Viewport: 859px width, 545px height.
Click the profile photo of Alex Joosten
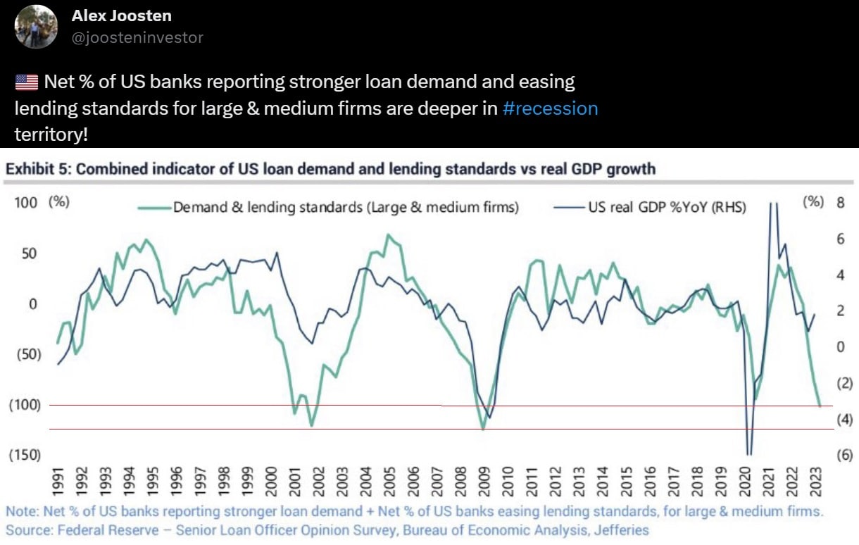(36, 27)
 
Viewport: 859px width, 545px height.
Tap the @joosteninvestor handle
(138, 37)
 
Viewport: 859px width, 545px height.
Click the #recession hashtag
(551, 108)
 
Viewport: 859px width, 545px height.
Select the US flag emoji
(27, 82)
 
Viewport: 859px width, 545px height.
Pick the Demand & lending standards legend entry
(328, 208)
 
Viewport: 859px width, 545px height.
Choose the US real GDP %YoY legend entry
(651, 208)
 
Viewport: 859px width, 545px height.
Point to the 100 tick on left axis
(25, 203)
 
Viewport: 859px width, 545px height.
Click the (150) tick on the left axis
(25, 455)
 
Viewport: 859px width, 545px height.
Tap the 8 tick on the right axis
(841, 203)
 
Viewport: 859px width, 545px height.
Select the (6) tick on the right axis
(845, 455)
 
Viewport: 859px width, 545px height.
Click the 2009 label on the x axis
(484, 482)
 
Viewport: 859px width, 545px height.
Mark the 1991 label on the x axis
(58, 482)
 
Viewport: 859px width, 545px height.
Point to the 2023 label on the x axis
(815, 482)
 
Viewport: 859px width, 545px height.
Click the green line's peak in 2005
(388, 234)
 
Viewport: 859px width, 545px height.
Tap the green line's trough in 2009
(483, 430)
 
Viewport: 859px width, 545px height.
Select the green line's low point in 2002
(311, 426)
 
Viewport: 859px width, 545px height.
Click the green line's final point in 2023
(820, 406)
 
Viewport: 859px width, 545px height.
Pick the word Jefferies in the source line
(622, 530)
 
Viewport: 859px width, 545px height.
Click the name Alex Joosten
(122, 16)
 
